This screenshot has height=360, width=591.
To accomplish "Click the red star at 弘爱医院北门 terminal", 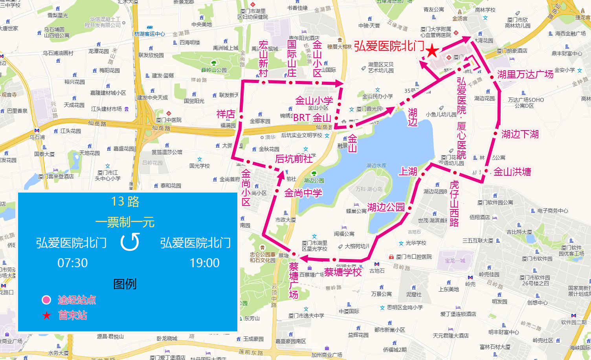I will pos(432,50).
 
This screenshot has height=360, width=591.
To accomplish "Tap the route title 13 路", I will pos(125,202).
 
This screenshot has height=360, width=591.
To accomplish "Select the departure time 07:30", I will pos(73,263).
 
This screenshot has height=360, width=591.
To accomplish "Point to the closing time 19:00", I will pos(204,263).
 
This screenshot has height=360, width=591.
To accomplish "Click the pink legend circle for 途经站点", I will pos(46,300).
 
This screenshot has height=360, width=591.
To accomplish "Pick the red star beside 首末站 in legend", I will pos(47,315).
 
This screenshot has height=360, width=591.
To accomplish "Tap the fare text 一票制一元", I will pos(125,222).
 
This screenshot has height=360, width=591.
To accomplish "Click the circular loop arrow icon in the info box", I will pos(130,242).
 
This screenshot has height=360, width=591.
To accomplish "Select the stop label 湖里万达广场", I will pos(525,74).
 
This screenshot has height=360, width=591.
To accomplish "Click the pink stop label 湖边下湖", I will pos(519,134).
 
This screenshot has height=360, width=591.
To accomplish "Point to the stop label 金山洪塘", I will pos(512,172).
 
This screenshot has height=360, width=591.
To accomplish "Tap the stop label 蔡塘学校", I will pos(343,272).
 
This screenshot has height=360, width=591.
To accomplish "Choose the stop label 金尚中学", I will pos(303,193).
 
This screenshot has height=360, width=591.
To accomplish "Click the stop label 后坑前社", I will pos(294,159).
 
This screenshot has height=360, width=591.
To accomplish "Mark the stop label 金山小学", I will pos(314,101).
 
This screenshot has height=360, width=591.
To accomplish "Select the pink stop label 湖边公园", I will pos(385,207).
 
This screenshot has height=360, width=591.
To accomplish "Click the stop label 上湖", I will pos(408,171).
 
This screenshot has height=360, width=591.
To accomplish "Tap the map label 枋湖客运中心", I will pos(150,34).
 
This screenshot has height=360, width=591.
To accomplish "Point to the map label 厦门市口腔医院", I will pos(413,257).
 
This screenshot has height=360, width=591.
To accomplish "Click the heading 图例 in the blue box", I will pos(125,284).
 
